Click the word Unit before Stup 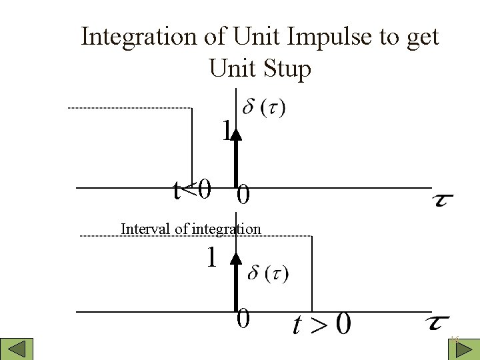pos(232,68)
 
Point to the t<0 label pos(192,191)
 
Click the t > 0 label pos(322,325)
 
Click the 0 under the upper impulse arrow pos(244,196)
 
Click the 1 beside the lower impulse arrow pos(211,258)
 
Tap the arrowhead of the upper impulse pos(235,135)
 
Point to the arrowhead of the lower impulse pos(235,258)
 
